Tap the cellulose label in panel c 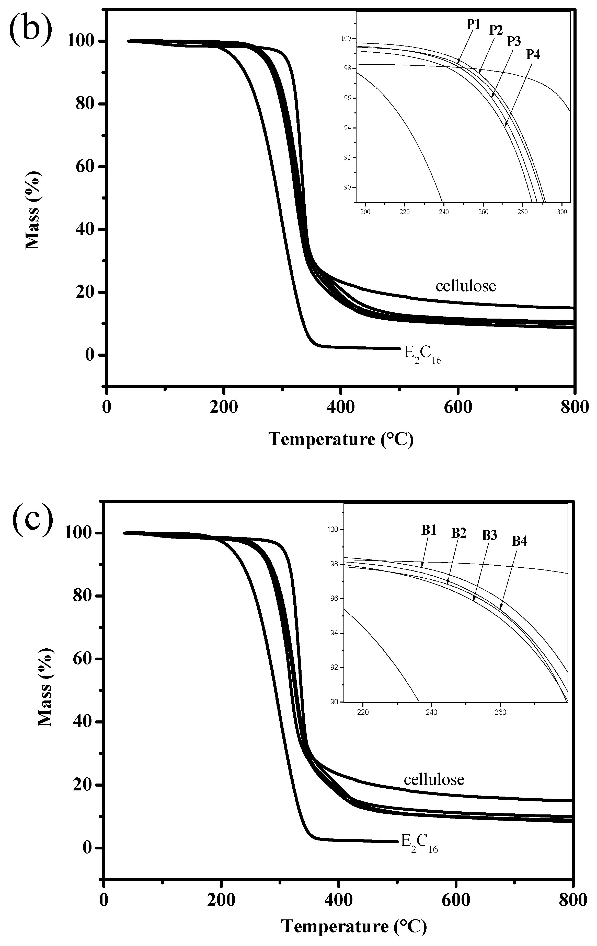434,779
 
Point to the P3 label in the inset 514,41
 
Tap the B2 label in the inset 459,533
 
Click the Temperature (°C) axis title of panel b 341,439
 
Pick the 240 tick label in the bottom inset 431,712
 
